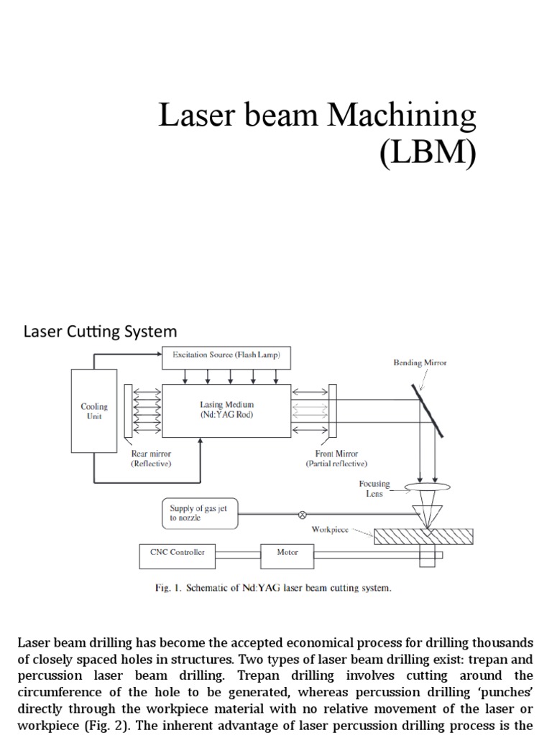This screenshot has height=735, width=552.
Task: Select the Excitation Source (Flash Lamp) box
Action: click(226, 355)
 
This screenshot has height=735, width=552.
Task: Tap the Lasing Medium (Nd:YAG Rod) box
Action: click(226, 410)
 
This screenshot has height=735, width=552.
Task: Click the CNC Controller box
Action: click(177, 553)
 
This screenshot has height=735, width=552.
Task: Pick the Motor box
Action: click(287, 553)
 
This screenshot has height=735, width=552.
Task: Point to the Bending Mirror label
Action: click(420, 363)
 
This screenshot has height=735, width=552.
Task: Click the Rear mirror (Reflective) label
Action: click(151, 459)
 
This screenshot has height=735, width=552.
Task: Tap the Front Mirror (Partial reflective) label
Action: click(336, 459)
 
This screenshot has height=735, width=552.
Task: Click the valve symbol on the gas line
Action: click(302, 514)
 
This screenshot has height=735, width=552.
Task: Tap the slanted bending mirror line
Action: click(427, 411)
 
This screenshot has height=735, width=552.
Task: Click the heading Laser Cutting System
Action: click(100, 332)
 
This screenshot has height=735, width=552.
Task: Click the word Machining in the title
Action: click(402, 116)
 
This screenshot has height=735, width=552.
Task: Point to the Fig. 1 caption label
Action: click(169, 588)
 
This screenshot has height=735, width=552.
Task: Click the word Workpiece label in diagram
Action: click(330, 530)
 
